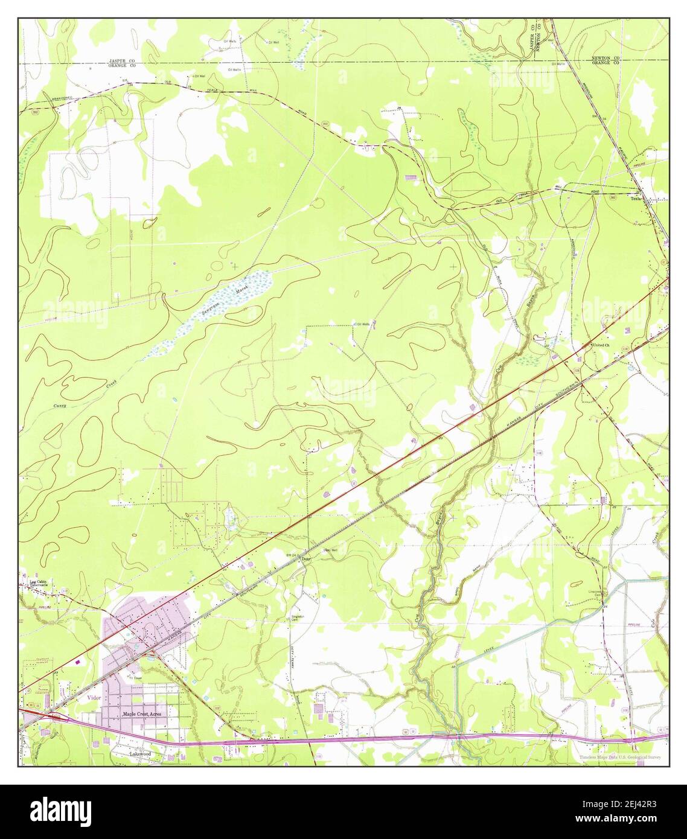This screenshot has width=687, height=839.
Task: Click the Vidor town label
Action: click(92, 697)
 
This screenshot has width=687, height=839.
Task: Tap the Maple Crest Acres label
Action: click(142, 713)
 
